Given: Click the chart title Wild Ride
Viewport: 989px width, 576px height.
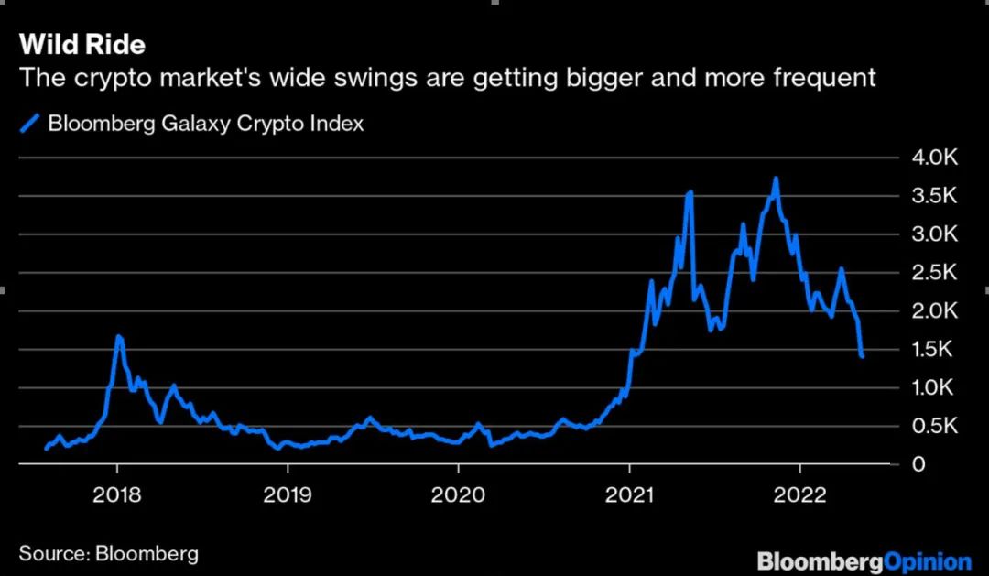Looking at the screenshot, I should [82, 44].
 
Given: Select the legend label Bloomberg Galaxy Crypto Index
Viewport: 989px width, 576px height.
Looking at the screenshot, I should [205, 123].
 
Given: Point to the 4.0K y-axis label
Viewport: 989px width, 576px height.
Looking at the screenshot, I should [934, 158].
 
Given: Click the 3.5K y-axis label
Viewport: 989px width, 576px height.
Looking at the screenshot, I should [934, 196].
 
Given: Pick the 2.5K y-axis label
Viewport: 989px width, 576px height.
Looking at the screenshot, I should [934, 273].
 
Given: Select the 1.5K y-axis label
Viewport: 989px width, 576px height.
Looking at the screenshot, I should [934, 350].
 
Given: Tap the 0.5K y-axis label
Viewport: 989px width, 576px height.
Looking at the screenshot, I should [934, 427].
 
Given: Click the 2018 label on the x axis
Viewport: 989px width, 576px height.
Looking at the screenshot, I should [117, 495].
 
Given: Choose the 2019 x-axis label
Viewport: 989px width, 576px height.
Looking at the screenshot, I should [288, 495].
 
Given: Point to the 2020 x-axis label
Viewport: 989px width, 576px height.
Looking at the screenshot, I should [458, 495].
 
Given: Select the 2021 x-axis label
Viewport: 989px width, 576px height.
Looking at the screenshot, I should [630, 495].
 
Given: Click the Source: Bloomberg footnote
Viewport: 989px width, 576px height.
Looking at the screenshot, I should [108, 553].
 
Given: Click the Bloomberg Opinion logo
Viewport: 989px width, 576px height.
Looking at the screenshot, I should [864, 560].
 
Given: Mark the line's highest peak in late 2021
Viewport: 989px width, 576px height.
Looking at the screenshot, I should [776, 179].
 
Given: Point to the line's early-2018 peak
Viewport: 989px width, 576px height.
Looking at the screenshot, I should [119, 337].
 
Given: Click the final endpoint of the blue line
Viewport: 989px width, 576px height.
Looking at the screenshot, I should [863, 356].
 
